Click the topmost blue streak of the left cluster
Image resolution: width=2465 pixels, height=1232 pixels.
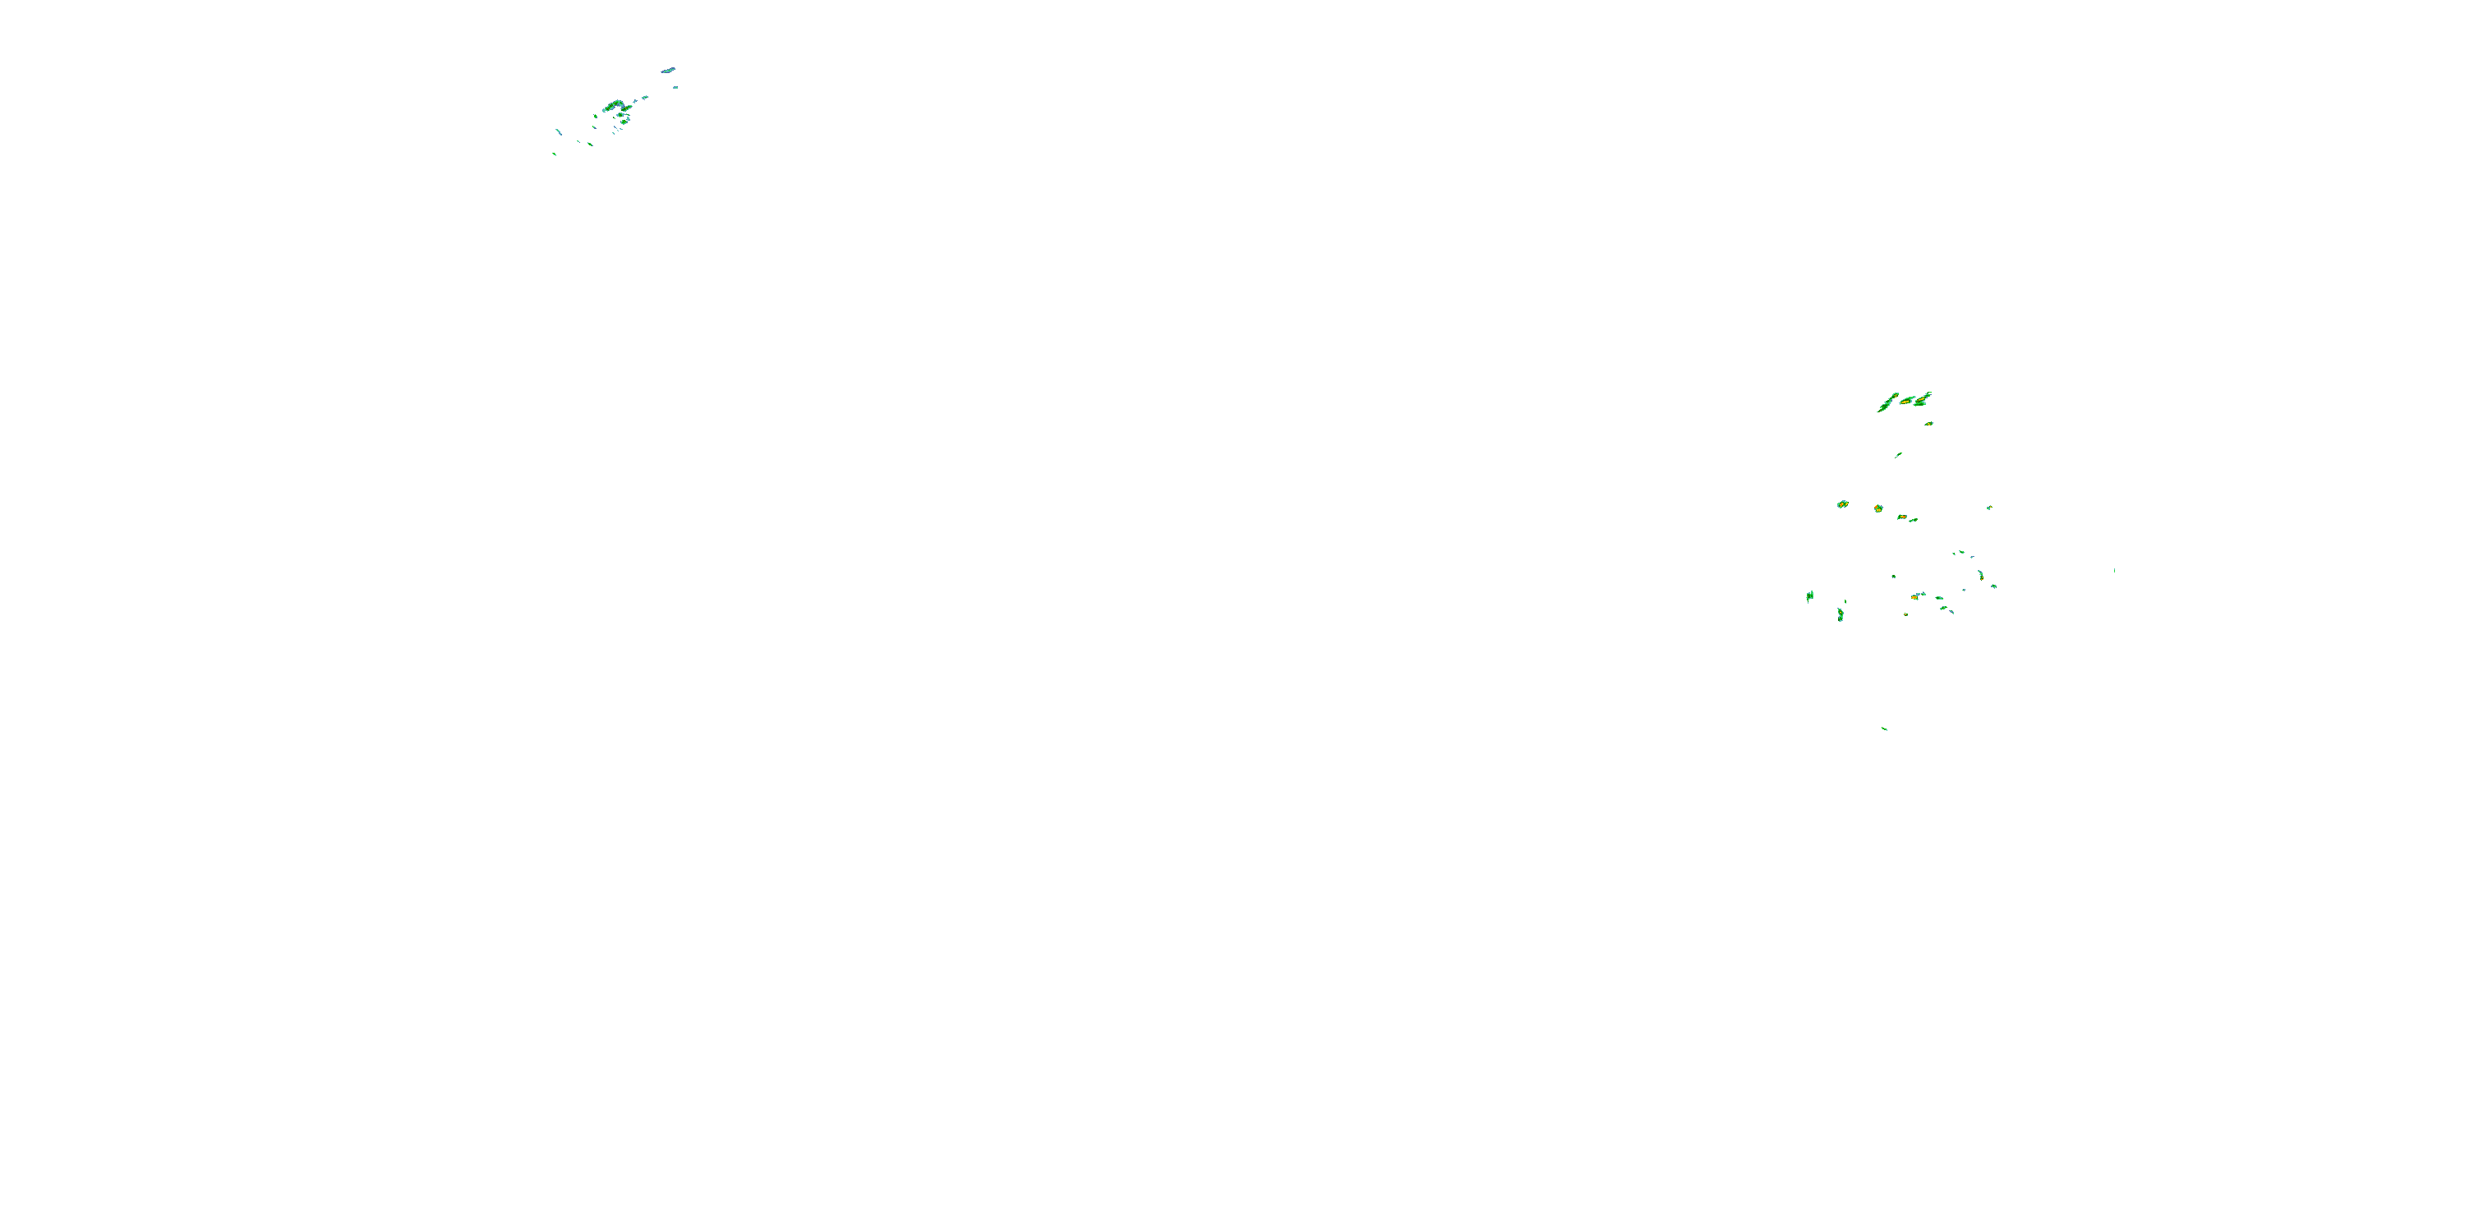668,70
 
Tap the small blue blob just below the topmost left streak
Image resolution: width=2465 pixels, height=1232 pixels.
675,88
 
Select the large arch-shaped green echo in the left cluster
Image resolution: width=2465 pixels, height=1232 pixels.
615,105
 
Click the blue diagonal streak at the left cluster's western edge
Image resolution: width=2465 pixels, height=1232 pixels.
559,131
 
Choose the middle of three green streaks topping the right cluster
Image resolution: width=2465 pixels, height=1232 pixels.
1907,400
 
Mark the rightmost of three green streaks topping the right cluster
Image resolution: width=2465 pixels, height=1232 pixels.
1924,397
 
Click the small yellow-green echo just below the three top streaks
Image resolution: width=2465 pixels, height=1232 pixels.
1929,423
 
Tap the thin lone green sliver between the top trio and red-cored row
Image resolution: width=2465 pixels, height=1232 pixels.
1899,455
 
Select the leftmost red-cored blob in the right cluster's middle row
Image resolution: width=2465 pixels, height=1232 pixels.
1842,504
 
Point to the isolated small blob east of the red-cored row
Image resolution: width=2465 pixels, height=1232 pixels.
1988,508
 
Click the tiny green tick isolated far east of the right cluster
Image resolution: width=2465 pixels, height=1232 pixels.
2114,570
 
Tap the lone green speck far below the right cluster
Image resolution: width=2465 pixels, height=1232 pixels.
1884,729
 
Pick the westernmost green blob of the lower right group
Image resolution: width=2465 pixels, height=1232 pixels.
1809,596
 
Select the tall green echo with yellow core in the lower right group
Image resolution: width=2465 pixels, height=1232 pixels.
1841,614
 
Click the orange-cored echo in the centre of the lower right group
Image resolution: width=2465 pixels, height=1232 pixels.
1916,597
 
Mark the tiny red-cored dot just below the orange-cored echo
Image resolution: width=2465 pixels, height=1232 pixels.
1906,614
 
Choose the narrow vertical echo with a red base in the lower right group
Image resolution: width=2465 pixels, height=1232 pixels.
1981,575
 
